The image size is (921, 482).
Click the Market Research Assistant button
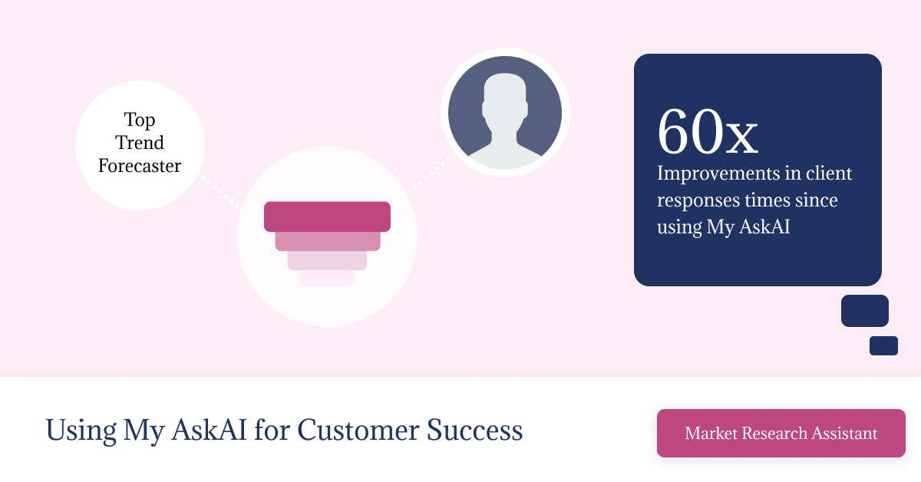point(781,433)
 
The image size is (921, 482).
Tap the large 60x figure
point(707,131)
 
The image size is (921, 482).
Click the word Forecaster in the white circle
point(140,166)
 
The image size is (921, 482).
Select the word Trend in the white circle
point(140,143)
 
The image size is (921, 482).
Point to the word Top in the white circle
point(140,120)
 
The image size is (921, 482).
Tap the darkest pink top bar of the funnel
point(327,216)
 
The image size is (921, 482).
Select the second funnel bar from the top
point(328,241)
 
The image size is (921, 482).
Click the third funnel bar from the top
point(327,260)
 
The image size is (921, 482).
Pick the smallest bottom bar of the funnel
point(327,278)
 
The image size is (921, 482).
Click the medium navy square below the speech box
point(865,311)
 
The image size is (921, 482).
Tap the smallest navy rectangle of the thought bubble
point(883,345)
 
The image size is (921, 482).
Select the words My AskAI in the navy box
point(748,226)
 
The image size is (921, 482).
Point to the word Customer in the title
point(358,430)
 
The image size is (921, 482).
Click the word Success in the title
point(474,430)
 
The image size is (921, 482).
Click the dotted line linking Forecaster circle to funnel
point(220,192)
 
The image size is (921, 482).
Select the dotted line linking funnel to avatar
point(431,173)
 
